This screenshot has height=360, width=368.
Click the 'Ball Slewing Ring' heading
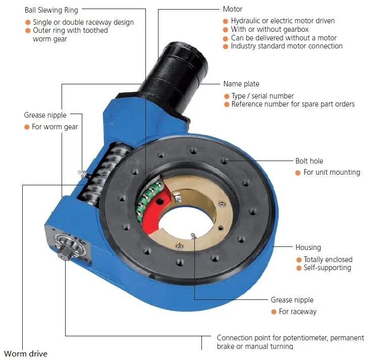51,10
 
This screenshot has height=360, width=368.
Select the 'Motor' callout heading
232,9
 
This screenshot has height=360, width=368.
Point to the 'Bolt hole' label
309,161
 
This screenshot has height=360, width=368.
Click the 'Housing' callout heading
308,247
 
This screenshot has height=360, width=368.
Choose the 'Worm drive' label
25,353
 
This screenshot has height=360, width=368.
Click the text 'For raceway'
297,312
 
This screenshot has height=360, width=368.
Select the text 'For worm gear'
55,127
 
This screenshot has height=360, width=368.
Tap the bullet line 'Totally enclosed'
328,260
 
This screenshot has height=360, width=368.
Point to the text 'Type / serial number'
262,96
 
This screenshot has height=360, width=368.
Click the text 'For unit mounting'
332,172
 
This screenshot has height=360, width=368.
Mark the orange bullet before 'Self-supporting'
298,268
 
